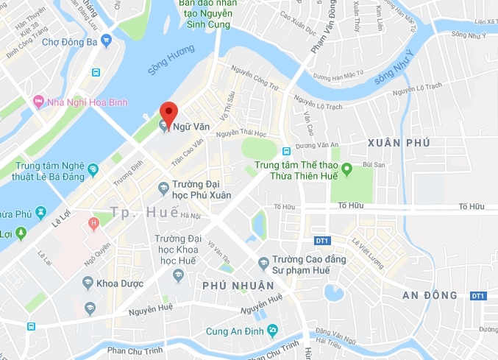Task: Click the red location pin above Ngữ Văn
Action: click(169, 113)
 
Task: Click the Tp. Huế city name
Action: click(144, 212)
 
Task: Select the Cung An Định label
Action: click(235, 330)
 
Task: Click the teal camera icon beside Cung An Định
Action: click(273, 329)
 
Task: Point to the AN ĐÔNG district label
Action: click(430, 295)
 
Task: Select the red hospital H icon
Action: click(93, 222)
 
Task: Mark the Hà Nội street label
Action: click(190, 216)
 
